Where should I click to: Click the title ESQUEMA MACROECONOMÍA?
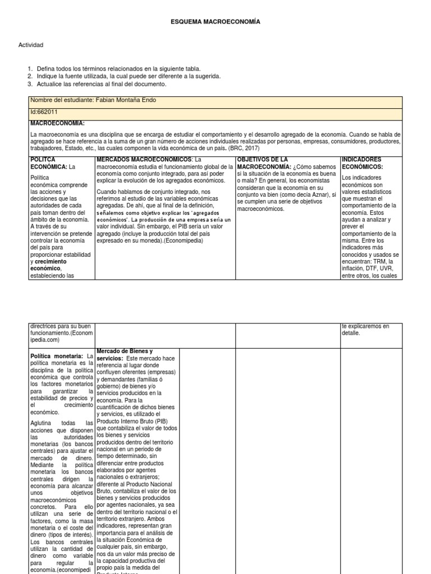(x=215, y=21)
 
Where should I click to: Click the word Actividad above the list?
(x=31, y=45)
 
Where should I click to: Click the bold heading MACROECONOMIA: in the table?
(x=57, y=123)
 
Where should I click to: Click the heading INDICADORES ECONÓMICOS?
(x=363, y=163)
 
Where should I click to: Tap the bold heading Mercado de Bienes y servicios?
(x=125, y=354)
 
